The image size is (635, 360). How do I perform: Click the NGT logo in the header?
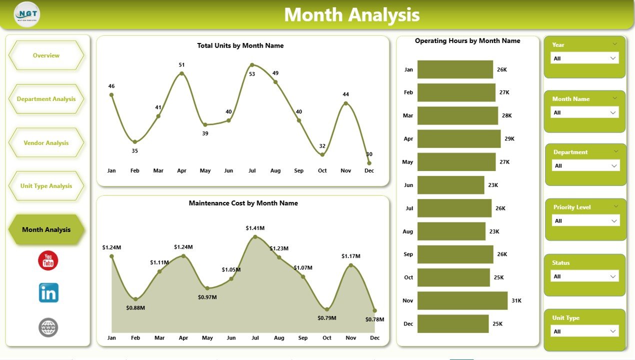[27, 14]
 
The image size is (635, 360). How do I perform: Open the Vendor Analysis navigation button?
[46, 143]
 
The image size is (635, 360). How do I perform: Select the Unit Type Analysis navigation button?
[46, 186]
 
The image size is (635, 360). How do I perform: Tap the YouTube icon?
[48, 261]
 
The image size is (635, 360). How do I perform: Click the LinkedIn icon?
[48, 293]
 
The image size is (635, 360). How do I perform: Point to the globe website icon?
[48, 328]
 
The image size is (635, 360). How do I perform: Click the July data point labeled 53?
[252, 65]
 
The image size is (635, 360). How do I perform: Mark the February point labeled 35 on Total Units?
[135, 142]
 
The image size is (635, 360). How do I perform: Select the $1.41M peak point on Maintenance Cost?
[255, 236]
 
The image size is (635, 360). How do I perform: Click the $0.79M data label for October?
[327, 318]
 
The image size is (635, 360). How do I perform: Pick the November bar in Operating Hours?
[462, 300]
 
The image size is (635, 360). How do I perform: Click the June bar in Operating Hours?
[450, 185]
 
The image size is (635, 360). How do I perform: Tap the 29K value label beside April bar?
[509, 139]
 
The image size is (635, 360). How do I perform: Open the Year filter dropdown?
[584, 58]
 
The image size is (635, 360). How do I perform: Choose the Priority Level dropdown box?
[586, 220]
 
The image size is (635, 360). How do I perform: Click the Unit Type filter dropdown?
[584, 331]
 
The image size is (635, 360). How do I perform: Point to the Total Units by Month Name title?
[240, 45]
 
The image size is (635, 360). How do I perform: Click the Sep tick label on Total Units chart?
[298, 170]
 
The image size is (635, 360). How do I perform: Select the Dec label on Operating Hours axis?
[408, 323]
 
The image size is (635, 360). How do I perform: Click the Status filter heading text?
[560, 262]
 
